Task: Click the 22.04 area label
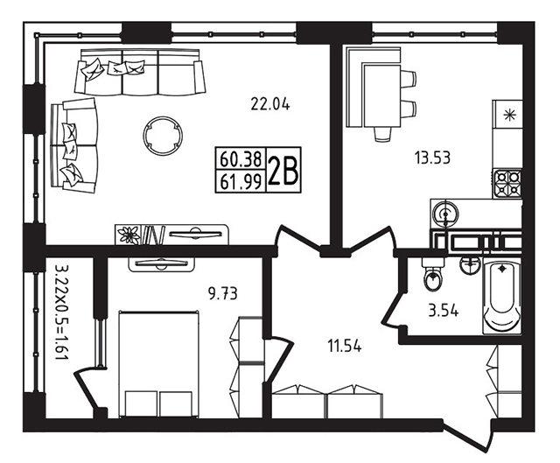tap(270, 104)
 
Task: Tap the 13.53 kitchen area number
tap(432, 158)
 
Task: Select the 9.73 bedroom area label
tap(223, 294)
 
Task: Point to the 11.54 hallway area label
tap(344, 347)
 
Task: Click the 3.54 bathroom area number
tap(444, 311)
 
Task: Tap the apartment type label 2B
tap(283, 172)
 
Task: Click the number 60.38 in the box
tap(241, 158)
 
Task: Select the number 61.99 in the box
tap(241, 182)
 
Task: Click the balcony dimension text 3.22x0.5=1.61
tap(61, 312)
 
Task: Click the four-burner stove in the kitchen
tap(507, 183)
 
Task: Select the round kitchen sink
tap(445, 214)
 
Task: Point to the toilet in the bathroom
tap(433, 274)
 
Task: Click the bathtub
tap(501, 298)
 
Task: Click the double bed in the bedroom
tap(158, 364)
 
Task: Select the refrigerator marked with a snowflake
tap(507, 116)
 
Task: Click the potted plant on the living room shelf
tap(129, 235)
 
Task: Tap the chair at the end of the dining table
tap(382, 134)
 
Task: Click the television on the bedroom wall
tap(162, 263)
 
